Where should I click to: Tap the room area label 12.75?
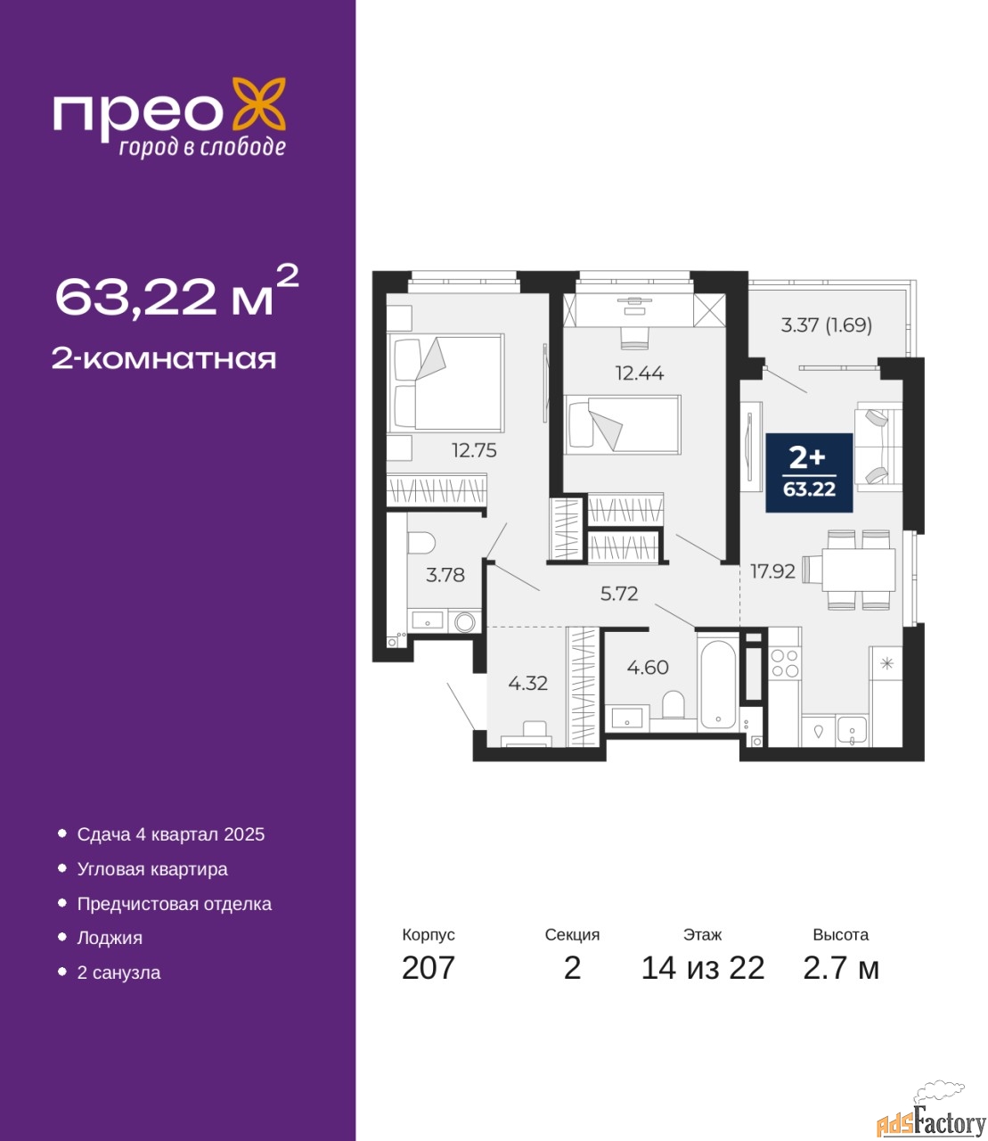[x=475, y=451]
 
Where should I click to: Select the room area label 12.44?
[x=640, y=373]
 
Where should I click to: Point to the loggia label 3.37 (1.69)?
[x=826, y=325]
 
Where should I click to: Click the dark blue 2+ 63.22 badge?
[x=809, y=472]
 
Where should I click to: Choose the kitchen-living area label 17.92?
[x=772, y=571]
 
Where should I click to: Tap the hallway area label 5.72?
[x=619, y=594]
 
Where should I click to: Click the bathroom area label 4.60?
[x=648, y=668]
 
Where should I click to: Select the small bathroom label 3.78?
[x=445, y=575]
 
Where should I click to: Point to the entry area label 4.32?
[x=528, y=684]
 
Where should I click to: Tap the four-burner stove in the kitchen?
[x=784, y=663]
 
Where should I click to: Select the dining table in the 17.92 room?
[x=858, y=570]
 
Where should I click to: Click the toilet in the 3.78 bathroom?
[x=421, y=542]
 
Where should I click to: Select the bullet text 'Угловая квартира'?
[x=152, y=869]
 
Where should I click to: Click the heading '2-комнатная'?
[x=164, y=359]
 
